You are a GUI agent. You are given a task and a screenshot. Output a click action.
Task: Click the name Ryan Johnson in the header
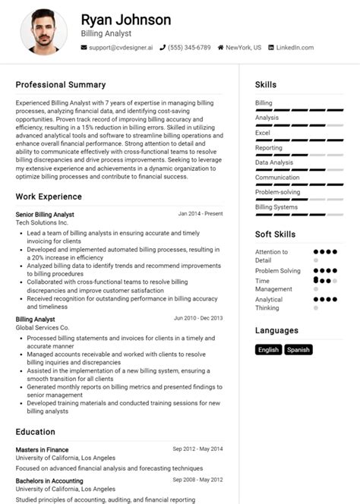(x=125, y=20)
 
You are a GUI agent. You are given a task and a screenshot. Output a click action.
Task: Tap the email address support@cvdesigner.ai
(x=121, y=48)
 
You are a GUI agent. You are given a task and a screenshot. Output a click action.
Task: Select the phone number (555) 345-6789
(x=190, y=48)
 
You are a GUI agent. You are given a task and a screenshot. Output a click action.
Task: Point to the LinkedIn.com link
(x=295, y=48)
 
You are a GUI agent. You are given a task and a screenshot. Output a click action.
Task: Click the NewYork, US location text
(x=243, y=48)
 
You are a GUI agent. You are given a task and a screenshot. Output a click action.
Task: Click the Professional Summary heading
(x=61, y=85)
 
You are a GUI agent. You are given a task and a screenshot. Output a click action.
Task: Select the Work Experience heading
(x=49, y=197)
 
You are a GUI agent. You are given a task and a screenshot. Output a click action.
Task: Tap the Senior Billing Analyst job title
(x=45, y=215)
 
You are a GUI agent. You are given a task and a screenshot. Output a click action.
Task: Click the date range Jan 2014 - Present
(x=201, y=214)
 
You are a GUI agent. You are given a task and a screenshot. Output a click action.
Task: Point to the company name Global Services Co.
(x=43, y=328)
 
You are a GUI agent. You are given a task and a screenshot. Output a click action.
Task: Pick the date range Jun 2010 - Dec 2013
(x=198, y=319)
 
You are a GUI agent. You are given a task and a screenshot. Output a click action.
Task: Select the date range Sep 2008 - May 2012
(x=198, y=480)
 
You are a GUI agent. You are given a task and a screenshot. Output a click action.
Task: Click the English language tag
(x=269, y=350)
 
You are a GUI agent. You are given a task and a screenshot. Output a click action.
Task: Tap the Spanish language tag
(x=298, y=350)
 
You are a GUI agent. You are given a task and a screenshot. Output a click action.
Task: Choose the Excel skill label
(x=263, y=133)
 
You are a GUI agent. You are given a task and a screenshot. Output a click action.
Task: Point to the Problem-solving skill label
(x=277, y=192)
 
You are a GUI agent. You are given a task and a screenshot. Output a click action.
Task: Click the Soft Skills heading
(x=275, y=235)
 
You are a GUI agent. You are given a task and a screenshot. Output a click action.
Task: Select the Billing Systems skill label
(x=276, y=206)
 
